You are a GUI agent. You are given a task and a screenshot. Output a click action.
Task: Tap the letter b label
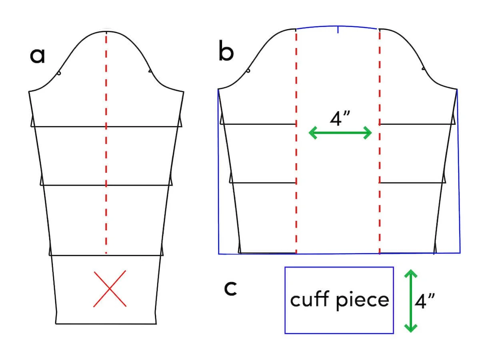(226, 52)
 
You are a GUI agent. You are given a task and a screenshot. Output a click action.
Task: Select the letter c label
(230, 288)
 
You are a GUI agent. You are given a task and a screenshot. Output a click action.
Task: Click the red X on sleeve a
(110, 289)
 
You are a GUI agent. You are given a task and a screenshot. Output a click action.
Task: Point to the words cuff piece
(339, 299)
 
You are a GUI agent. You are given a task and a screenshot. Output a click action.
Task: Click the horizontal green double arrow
(340, 132)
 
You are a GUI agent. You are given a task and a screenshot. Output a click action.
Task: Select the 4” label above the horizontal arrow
(340, 118)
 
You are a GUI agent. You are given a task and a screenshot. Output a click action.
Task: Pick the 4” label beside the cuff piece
(424, 301)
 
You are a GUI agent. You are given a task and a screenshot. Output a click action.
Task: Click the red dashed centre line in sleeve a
(106, 152)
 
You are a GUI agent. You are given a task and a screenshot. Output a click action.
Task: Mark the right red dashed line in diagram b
(379, 160)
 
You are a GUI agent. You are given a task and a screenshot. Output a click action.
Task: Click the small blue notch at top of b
(338, 29)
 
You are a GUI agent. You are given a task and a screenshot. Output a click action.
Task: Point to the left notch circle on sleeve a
(59, 73)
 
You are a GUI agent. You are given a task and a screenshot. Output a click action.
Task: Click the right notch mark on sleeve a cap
(150, 71)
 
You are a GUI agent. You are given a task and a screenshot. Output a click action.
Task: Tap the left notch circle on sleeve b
(248, 71)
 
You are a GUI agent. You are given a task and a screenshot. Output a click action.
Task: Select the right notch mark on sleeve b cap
(423, 69)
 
